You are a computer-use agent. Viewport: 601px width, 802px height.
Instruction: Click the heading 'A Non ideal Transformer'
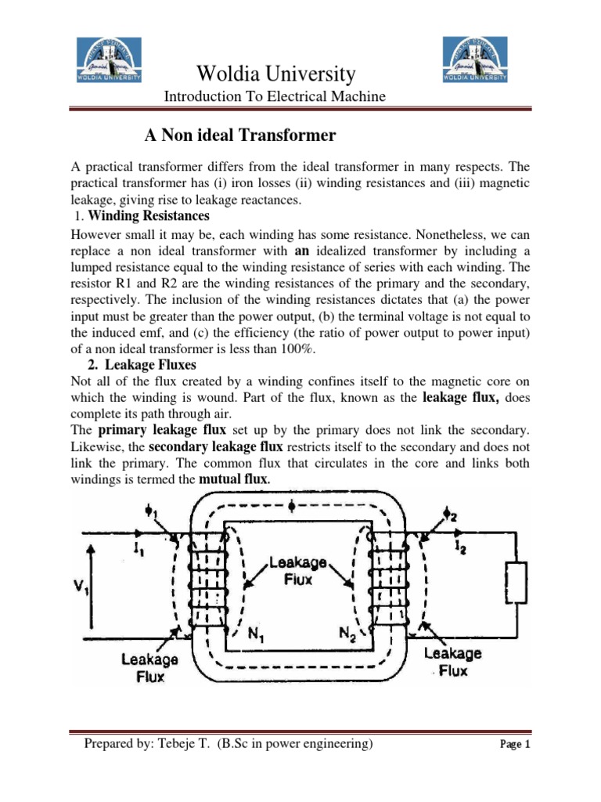tap(240, 135)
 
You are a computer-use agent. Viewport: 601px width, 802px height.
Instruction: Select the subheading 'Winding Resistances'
tap(153, 215)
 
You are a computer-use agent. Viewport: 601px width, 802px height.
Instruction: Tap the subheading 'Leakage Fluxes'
tap(145, 364)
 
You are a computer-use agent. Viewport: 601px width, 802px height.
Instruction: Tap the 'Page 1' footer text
tap(515, 745)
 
